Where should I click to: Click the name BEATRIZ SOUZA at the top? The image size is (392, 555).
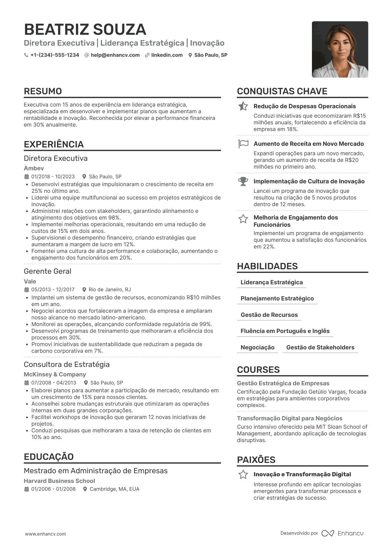[x=85, y=29]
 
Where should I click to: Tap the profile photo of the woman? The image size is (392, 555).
[x=340, y=50]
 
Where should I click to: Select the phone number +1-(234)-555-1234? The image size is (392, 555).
[x=54, y=55]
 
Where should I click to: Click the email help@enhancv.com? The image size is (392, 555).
[x=115, y=55]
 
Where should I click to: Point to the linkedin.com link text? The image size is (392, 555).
[x=167, y=55]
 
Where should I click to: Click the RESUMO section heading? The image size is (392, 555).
[x=43, y=91]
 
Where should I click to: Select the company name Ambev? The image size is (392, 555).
[x=34, y=168]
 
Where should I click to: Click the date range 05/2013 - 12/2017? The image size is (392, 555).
[x=53, y=290]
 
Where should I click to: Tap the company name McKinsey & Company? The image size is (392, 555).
[x=55, y=374]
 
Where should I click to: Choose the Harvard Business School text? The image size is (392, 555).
[x=59, y=481]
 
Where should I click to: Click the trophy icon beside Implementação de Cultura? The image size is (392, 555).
[x=243, y=181]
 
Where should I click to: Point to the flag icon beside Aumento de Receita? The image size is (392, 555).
[x=243, y=144]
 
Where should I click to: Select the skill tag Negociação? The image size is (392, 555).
[x=257, y=347]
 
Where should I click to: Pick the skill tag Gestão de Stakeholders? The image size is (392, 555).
[x=320, y=347]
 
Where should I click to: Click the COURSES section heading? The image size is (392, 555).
[x=258, y=370]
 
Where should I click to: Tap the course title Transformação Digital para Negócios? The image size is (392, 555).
[x=289, y=418]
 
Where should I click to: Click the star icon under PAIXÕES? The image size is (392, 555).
[x=243, y=475]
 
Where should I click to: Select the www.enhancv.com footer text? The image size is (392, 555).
[x=46, y=534]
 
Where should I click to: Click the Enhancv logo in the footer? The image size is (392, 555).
[x=343, y=533]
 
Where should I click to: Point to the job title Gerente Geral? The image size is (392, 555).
[x=48, y=271]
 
